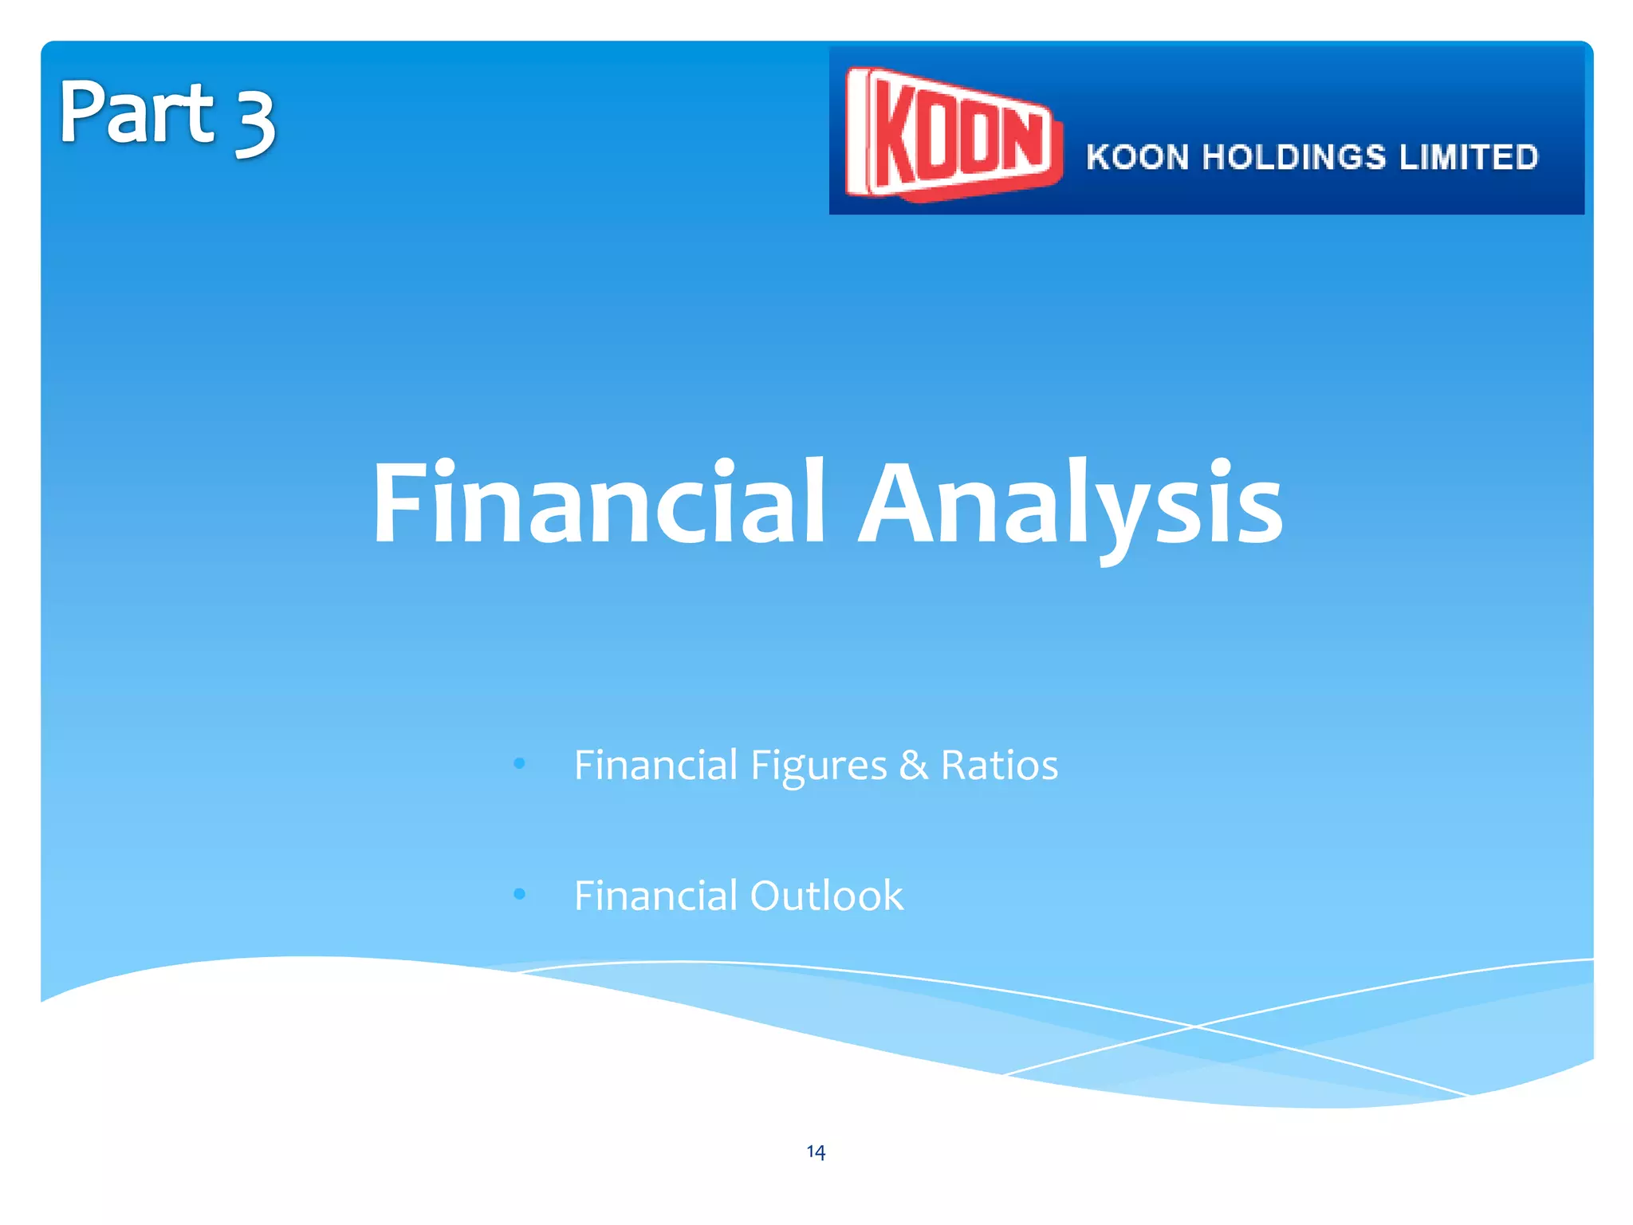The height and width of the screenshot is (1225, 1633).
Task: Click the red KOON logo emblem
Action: point(953,133)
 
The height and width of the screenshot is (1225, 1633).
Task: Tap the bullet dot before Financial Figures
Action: point(520,764)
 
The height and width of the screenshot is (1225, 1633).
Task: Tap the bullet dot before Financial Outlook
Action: point(520,894)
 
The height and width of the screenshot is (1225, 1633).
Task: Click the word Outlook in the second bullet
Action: point(827,895)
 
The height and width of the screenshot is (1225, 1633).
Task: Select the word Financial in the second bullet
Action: point(655,895)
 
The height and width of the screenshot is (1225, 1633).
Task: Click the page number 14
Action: point(816,1151)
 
